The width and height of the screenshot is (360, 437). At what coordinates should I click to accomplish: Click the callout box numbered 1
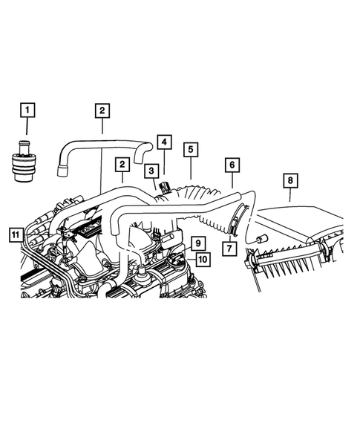27,111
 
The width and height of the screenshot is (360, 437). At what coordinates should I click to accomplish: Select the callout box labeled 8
290,180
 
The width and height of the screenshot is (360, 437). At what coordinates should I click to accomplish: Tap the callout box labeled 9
197,243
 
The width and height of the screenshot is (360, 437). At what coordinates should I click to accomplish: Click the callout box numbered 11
14,236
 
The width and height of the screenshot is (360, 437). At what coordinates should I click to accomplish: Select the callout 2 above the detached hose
102,111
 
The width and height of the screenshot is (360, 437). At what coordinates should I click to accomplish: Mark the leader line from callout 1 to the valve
27,128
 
